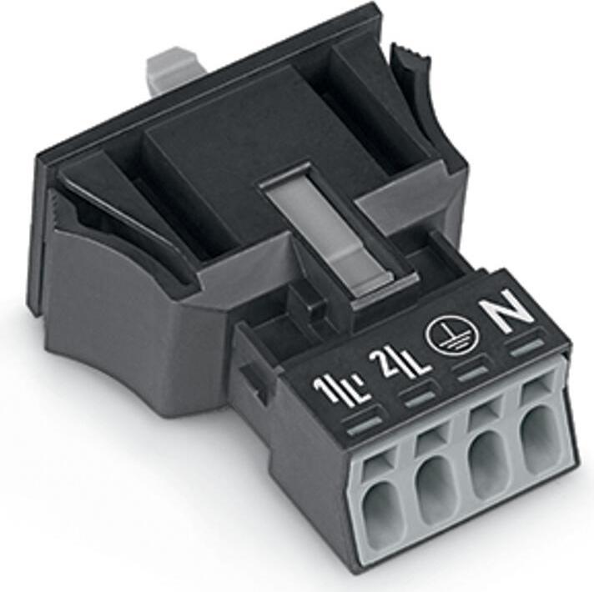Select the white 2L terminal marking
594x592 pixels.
point(402,363)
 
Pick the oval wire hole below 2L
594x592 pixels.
point(434,492)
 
